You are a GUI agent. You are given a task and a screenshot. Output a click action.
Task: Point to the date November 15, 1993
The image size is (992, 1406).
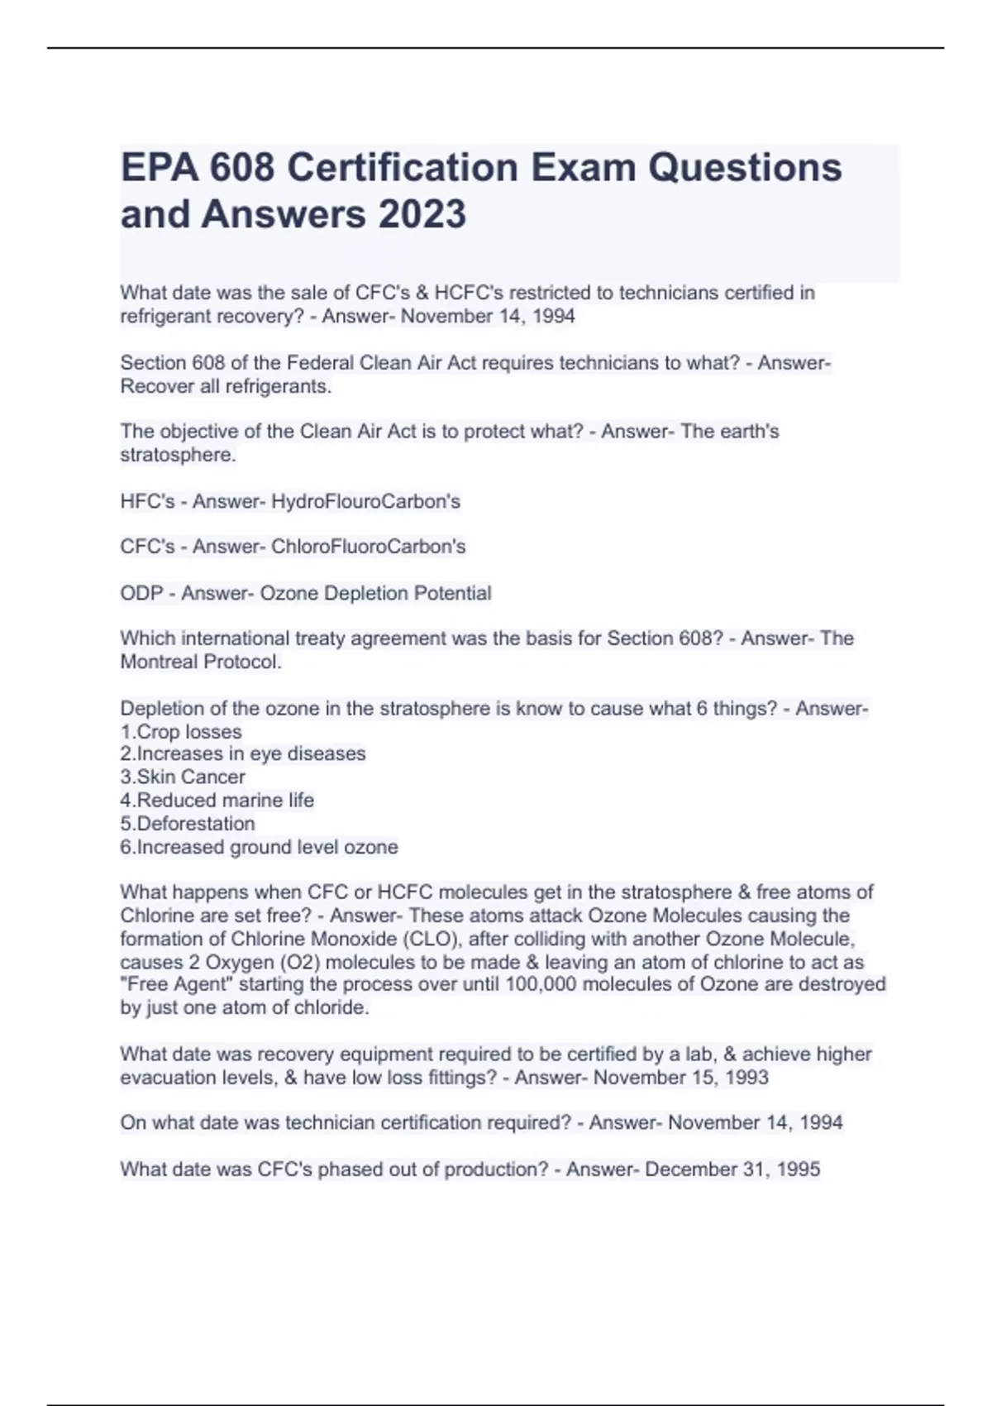pos(681,1078)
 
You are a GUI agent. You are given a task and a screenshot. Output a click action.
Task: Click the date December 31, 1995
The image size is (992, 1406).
pos(732,1169)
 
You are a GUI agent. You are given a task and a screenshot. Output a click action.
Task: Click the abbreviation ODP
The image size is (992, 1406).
pos(141,593)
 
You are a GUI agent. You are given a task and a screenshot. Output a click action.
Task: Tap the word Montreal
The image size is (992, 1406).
pos(159,662)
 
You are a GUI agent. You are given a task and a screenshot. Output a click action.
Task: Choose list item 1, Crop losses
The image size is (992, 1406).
pos(181,732)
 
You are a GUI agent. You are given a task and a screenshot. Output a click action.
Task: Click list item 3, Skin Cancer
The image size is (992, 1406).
pos(183,777)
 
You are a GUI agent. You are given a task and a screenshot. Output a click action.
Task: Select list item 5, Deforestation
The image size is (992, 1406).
pos(188,824)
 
